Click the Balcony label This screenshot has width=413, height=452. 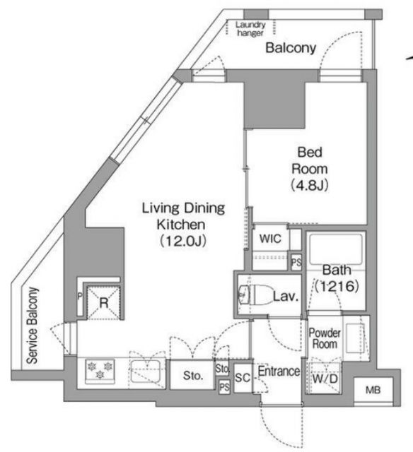tap(291, 48)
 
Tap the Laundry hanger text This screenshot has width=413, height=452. tap(250, 29)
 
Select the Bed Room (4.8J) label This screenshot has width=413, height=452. tap(310, 169)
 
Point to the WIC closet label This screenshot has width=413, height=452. tap(270, 239)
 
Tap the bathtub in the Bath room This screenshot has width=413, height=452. tap(336, 249)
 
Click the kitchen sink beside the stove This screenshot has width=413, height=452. tap(145, 371)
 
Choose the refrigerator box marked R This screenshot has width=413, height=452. tap(104, 303)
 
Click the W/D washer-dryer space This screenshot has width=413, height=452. tap(325, 378)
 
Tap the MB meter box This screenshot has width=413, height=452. tap(373, 391)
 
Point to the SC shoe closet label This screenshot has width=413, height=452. tap(243, 378)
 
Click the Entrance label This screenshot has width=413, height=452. tap(279, 371)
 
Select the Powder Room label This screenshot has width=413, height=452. tap(325, 338)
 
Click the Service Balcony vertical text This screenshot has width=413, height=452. tap(32, 325)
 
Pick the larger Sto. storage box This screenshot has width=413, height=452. tap(192, 375)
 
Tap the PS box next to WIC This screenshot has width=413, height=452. tap(296, 262)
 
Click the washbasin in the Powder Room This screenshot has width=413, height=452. tap(355, 338)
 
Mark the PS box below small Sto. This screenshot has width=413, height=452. tap(224, 387)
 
